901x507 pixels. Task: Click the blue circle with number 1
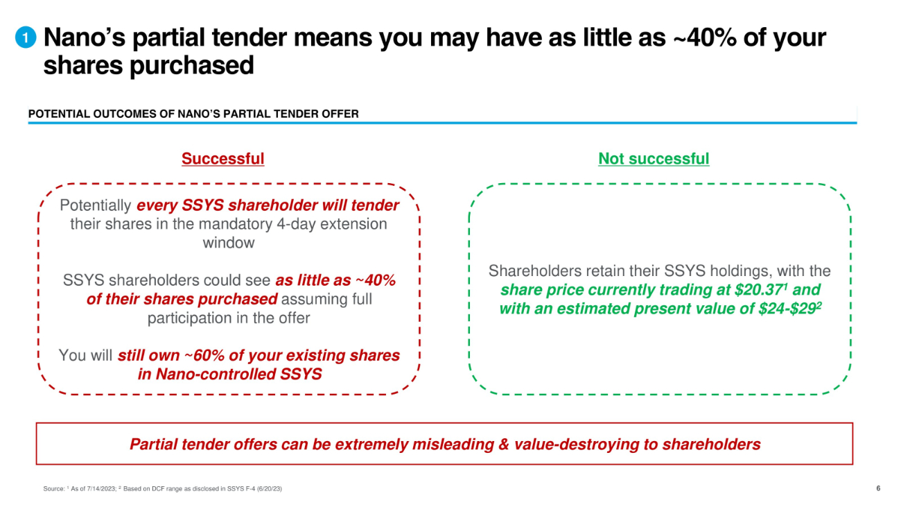point(26,37)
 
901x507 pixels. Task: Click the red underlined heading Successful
point(223,159)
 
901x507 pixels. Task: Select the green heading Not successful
point(654,159)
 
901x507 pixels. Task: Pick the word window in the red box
point(229,243)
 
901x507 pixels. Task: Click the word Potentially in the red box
point(96,205)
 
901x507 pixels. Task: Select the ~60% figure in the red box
point(204,355)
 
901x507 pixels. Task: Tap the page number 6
point(878,488)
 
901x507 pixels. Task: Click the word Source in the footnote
point(54,488)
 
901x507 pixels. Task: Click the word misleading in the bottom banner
point(453,444)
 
